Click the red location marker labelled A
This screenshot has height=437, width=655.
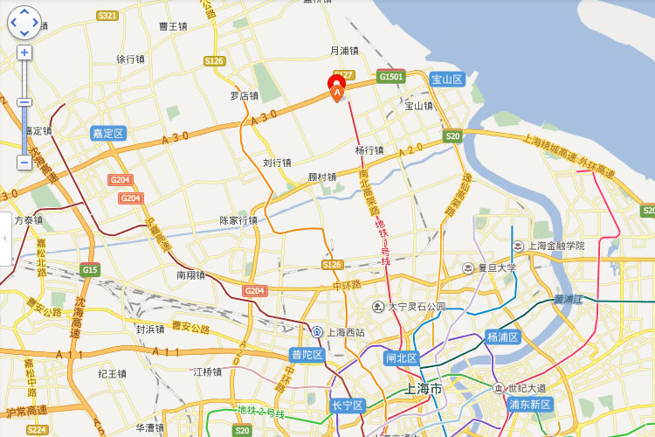(337, 87)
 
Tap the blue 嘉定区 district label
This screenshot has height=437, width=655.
(108, 134)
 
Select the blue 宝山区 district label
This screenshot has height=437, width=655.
(446, 80)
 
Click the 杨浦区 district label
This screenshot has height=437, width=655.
(503, 337)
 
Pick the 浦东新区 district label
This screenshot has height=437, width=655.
(530, 405)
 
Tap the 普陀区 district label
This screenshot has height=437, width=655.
(307, 355)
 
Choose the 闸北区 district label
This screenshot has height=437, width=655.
(402, 358)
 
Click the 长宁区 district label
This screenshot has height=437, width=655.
(347, 406)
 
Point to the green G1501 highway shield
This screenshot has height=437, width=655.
(391, 77)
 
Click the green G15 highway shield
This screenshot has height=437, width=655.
(90, 270)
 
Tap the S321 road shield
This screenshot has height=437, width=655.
(108, 16)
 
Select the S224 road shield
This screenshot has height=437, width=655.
(37, 430)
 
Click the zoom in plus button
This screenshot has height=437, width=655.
(24, 52)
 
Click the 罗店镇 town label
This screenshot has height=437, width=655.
(245, 96)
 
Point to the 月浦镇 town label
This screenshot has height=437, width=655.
(344, 51)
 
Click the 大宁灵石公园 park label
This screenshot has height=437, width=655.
(416, 307)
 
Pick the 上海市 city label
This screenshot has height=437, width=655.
(424, 388)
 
